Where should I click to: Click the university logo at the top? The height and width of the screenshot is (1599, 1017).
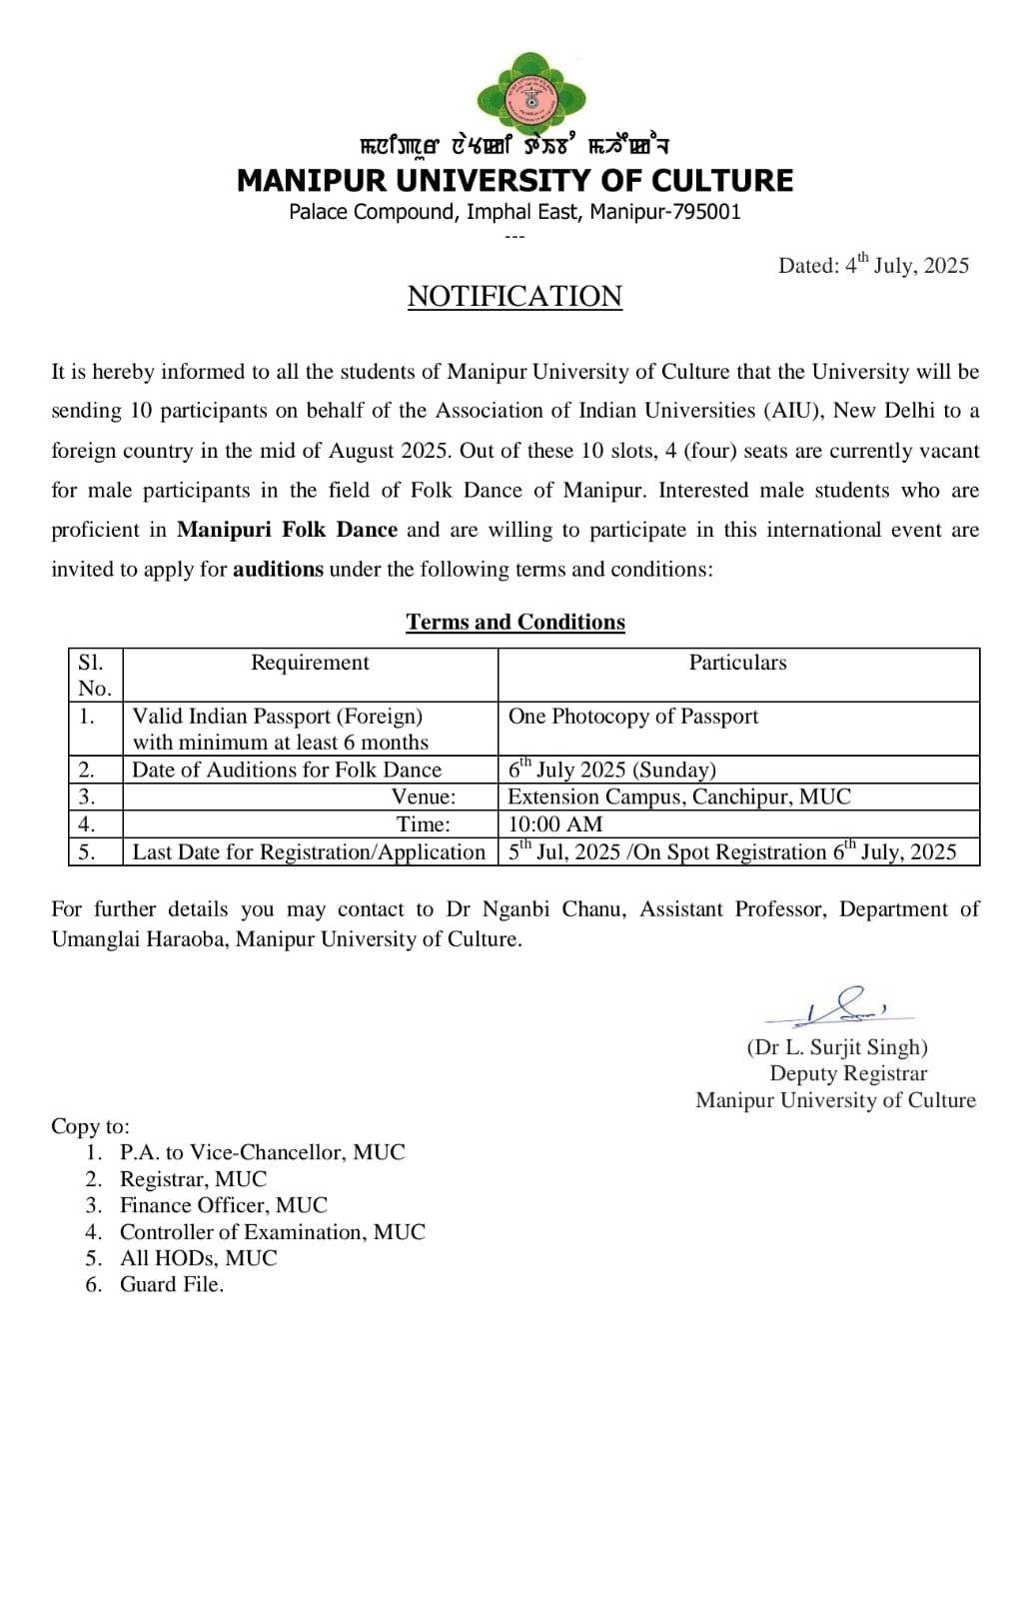(530, 97)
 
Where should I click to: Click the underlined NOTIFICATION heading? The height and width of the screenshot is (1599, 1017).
(514, 296)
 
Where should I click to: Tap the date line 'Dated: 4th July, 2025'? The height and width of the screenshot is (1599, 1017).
(873, 265)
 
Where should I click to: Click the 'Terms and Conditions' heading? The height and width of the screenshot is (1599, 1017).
(515, 622)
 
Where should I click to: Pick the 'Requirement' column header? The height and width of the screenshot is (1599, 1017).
(310, 663)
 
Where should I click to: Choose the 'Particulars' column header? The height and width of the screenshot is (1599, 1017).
(737, 663)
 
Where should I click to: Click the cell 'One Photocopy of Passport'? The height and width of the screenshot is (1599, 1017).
(633, 717)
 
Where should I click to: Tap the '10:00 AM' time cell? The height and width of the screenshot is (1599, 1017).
(555, 824)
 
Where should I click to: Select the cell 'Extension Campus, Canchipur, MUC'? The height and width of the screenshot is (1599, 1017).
(679, 797)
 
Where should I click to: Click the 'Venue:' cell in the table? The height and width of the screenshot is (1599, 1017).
(424, 797)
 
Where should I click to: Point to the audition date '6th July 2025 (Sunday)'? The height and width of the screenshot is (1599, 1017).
(612, 770)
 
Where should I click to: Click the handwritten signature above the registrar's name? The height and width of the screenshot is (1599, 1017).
(839, 1007)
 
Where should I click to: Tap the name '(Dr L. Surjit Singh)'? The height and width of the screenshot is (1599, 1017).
(837, 1047)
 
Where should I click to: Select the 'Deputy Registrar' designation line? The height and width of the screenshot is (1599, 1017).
(848, 1073)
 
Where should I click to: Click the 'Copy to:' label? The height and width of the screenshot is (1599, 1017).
(90, 1126)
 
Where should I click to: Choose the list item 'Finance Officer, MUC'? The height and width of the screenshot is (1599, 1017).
(224, 1205)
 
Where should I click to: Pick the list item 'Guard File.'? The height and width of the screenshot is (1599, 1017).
(172, 1284)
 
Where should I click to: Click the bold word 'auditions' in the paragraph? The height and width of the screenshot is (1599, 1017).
(278, 570)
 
